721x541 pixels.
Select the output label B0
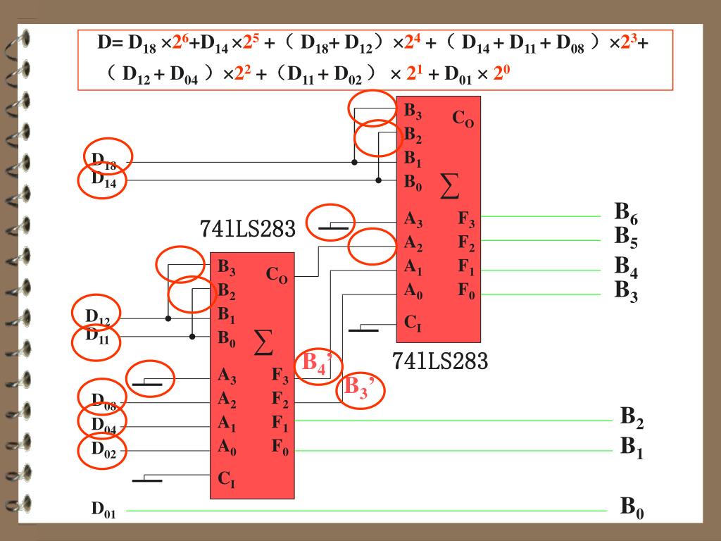[631, 508]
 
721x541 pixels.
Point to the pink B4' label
[317, 365]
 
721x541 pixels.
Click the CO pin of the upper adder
[463, 119]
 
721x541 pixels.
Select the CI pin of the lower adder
[226, 480]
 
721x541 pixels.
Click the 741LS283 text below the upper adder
[439, 362]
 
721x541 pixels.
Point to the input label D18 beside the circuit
[104, 161]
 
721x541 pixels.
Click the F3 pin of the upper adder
[466, 220]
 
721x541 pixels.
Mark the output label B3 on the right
[625, 290]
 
